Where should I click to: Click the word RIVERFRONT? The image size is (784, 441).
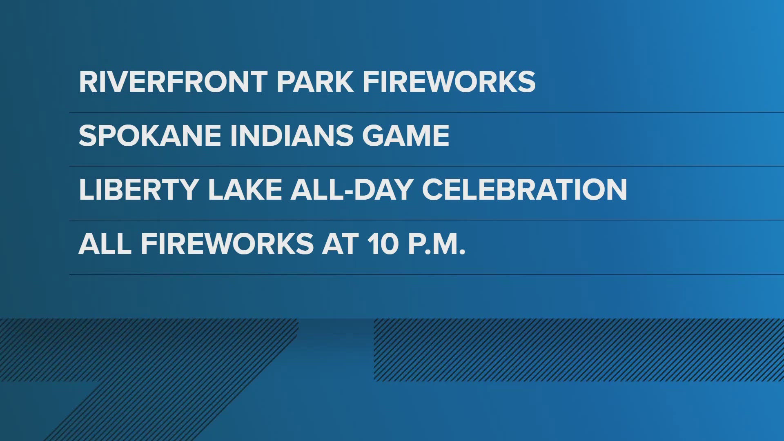[173, 82]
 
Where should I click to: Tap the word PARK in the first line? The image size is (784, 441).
[315, 82]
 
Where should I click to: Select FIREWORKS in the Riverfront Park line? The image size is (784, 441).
[449, 82]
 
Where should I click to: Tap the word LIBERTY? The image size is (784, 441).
[139, 189]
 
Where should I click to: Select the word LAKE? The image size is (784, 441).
[245, 189]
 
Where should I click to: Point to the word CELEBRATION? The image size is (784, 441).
[525, 189]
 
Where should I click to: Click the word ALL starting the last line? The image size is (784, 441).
[105, 244]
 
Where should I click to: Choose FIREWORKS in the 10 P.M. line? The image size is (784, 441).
[227, 244]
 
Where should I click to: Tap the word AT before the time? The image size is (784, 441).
[341, 244]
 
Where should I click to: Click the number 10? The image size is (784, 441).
[383, 244]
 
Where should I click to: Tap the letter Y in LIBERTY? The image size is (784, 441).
[188, 189]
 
